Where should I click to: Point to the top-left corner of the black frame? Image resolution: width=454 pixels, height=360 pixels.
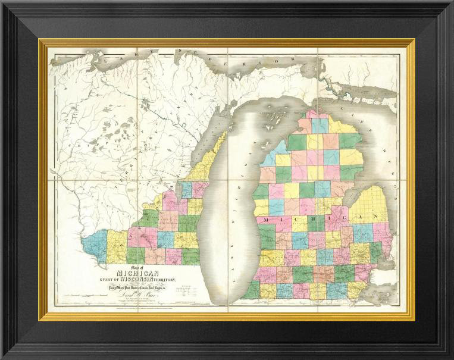(2, 2)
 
